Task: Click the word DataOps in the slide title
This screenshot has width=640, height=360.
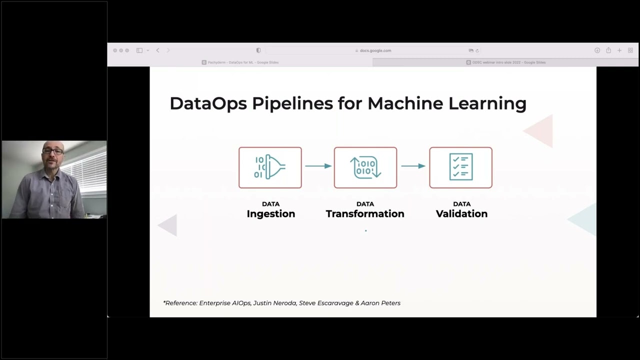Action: click(208, 103)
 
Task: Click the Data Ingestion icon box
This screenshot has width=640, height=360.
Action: click(270, 167)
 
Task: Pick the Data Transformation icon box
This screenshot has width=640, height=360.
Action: click(365, 167)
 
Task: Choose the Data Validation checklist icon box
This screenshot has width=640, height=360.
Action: click(460, 167)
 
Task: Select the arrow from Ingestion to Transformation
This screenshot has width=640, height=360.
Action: click(318, 166)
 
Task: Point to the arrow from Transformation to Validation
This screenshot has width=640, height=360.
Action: click(413, 166)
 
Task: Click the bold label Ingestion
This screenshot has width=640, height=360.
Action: click(271, 214)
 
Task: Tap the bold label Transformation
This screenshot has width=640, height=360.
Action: click(365, 214)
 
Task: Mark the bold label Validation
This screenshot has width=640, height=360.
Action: click(461, 214)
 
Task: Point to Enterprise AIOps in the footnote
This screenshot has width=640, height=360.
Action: click(225, 303)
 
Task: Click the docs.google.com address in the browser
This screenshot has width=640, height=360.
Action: click(375, 50)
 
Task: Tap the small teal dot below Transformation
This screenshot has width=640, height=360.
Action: click(365, 230)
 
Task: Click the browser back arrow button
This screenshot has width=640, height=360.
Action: click(157, 50)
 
